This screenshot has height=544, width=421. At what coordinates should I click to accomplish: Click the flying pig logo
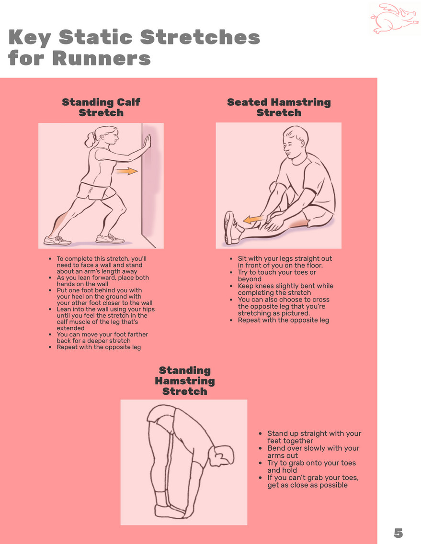pos(394,18)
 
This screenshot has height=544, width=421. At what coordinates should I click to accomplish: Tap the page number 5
pos(398,533)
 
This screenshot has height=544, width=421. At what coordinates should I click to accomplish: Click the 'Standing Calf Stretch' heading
pos(101,107)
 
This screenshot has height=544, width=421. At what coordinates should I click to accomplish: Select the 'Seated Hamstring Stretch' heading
pos(279,107)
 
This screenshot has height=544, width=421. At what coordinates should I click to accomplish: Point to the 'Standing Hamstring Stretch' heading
pos(185,380)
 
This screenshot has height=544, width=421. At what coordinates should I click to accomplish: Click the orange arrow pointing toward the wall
pos(126,171)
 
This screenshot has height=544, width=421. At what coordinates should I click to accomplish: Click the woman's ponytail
pos(90,139)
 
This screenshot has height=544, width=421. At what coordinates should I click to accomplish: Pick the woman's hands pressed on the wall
pos(148,142)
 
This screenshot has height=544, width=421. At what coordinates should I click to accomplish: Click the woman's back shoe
pos(57,240)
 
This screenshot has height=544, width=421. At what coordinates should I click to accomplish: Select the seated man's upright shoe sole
pos(229,228)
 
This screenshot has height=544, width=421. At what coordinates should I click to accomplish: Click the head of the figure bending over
pos(222,456)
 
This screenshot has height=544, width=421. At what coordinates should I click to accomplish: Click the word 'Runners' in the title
pos(102,58)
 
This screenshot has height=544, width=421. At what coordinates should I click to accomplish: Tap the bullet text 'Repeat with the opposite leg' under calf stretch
pos(99,347)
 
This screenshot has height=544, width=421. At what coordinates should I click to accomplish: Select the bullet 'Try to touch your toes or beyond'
pos(277,276)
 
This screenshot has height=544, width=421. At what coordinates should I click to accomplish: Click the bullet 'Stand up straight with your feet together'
pos(314,437)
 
